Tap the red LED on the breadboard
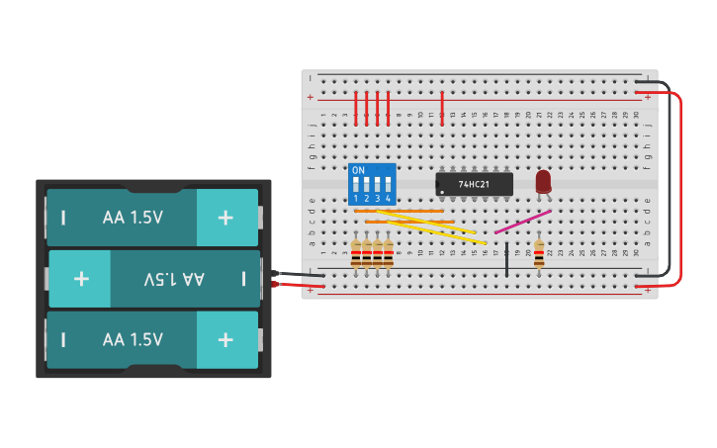(x=543, y=181)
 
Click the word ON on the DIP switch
(x=358, y=171)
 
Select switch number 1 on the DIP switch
(x=356, y=186)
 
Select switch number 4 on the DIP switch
(x=389, y=186)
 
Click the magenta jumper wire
(x=522, y=222)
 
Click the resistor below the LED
(x=539, y=253)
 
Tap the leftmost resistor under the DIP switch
(x=356, y=253)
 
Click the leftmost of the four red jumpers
(x=356, y=109)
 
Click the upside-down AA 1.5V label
(x=174, y=279)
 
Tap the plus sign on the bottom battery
(x=225, y=339)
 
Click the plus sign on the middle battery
(x=80, y=279)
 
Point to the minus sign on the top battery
(x=63, y=218)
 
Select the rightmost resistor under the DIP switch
(x=389, y=253)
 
